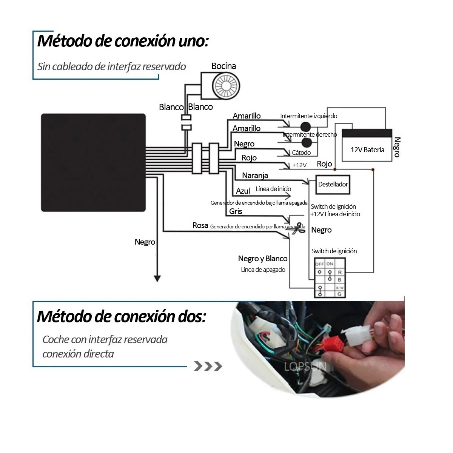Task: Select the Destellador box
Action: click(333, 184)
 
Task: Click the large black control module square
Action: click(93, 162)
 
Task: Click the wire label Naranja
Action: click(255, 176)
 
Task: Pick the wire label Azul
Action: click(243, 191)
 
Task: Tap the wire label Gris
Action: click(236, 211)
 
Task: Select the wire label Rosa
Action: click(200, 225)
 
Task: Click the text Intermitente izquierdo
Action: click(308, 116)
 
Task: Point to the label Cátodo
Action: click(301, 153)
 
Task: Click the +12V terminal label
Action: click(299, 165)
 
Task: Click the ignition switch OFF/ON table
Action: click(330, 278)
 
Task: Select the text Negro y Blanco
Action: click(263, 259)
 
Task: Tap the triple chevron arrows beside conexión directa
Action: click(208, 366)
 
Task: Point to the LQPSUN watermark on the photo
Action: click(305, 367)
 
